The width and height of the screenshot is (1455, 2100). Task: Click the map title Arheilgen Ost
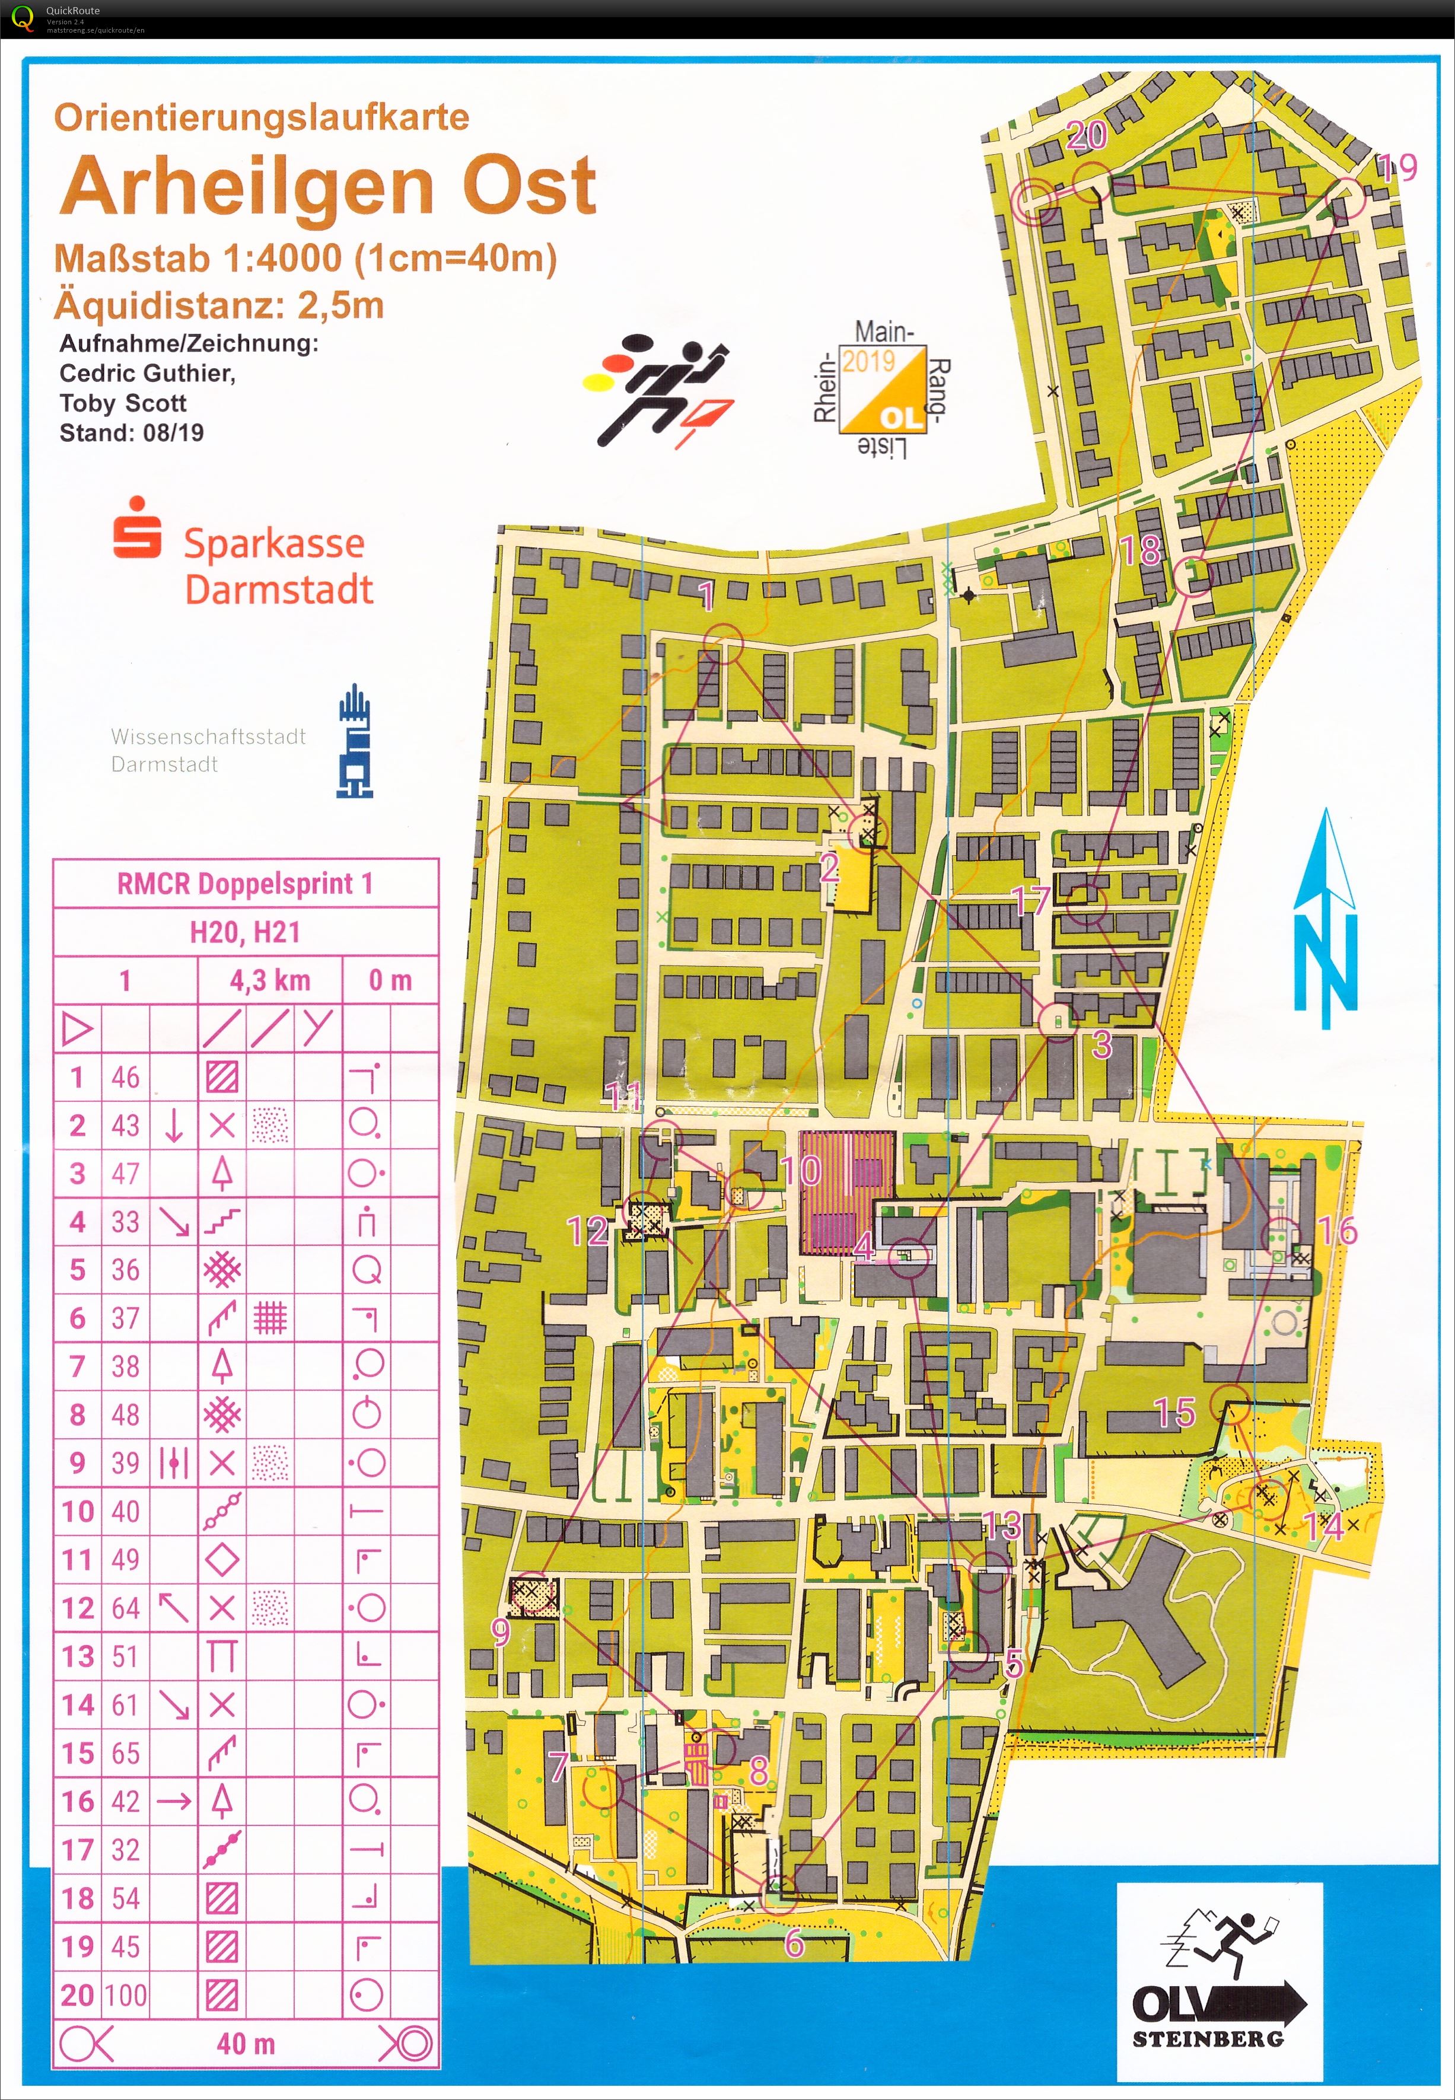pos(328,187)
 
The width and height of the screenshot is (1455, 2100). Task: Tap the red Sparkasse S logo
pos(137,528)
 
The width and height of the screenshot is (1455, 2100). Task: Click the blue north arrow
pos(1326,920)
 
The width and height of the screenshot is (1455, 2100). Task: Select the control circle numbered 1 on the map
pos(724,643)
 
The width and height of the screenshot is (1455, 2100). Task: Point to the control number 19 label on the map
pos(1397,168)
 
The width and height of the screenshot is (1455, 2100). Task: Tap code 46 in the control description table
pos(125,1078)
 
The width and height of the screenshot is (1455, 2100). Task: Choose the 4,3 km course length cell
pos(270,981)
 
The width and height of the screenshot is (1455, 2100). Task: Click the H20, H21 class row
pos(244,932)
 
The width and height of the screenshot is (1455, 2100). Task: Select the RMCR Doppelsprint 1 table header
pos(244,883)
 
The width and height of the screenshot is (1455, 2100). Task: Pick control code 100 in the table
pos(125,1994)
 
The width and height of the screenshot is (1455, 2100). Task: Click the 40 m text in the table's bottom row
pos(244,2044)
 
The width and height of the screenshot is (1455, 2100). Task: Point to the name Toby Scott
pos(123,403)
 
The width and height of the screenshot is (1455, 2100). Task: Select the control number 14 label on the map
pos(1324,1527)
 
